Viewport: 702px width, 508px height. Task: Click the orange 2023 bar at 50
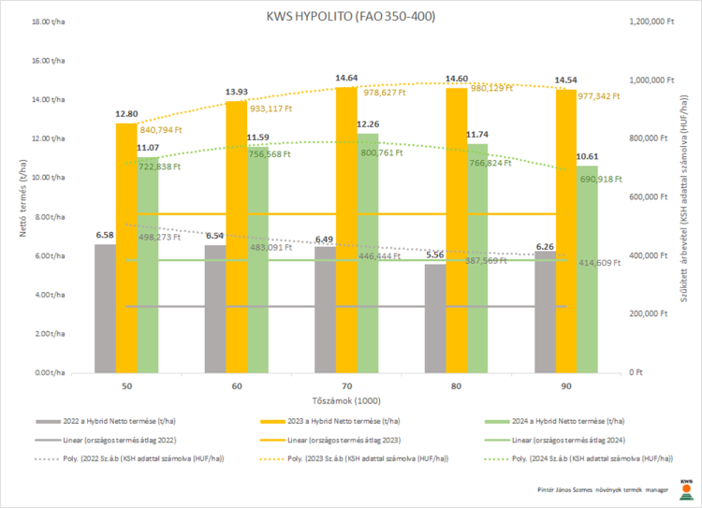pos(125,248)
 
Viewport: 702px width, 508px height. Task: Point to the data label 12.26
pos(368,124)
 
